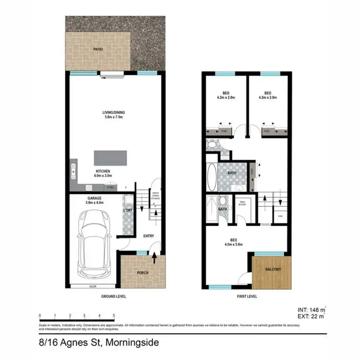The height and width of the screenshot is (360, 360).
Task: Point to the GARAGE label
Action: click(x=93, y=197)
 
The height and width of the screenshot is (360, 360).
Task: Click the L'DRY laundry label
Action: click(x=128, y=211)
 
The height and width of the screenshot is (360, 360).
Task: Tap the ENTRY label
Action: click(x=148, y=236)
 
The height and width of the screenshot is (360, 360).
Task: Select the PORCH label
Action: click(x=142, y=273)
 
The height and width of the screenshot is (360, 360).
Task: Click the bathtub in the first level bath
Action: click(x=212, y=178)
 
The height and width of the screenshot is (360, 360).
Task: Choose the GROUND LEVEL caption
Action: click(x=113, y=297)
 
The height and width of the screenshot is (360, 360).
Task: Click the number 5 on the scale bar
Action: click(x=114, y=315)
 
